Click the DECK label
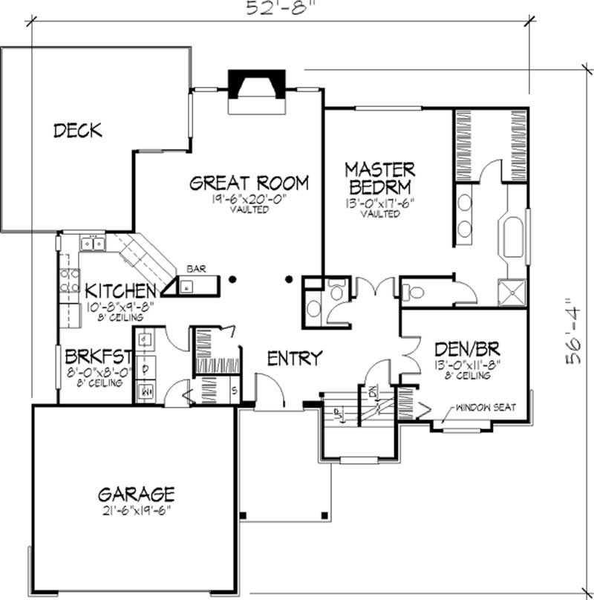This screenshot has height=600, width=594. [x=78, y=131]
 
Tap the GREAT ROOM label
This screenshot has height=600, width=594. [x=249, y=183]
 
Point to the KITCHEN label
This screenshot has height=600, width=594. [x=120, y=290]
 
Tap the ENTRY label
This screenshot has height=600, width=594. [x=295, y=358]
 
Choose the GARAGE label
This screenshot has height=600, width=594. [x=137, y=494]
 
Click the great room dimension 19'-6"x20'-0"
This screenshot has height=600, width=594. [x=249, y=199]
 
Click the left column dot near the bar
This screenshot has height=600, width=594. [x=233, y=280]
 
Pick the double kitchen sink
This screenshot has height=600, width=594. [x=93, y=243]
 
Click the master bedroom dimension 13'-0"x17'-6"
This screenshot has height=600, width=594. [x=379, y=202]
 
